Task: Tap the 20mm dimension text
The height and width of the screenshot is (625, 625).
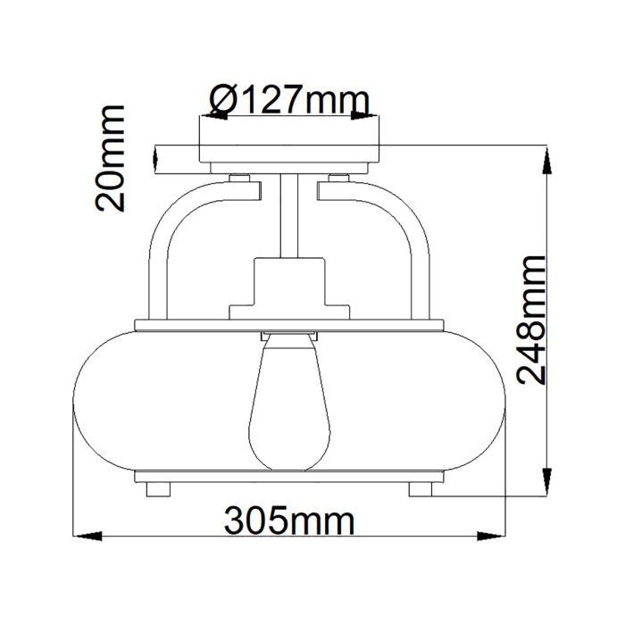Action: pyautogui.click(x=112, y=157)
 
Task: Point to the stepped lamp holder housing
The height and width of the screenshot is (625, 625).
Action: pyautogui.click(x=289, y=286)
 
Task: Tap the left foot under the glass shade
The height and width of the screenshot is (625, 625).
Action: pyautogui.click(x=157, y=489)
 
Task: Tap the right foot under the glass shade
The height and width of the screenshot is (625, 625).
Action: pyautogui.click(x=421, y=489)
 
